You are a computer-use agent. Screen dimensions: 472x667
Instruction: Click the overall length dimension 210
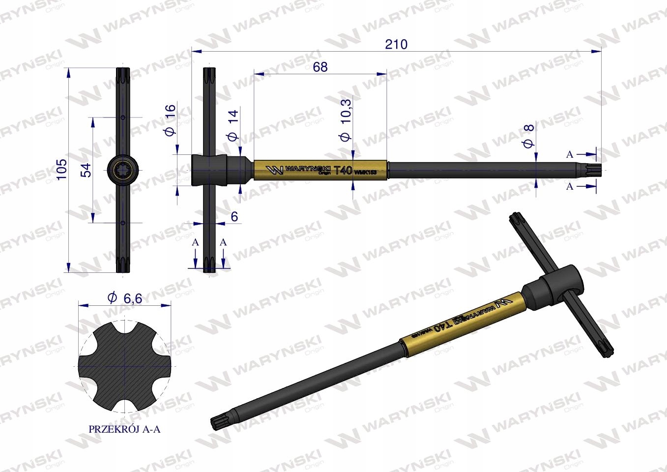click(x=396, y=44)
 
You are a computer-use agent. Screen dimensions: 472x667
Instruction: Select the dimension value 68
click(x=320, y=67)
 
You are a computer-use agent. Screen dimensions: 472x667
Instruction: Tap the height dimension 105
click(x=61, y=169)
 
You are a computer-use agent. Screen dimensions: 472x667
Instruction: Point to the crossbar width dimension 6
click(x=234, y=217)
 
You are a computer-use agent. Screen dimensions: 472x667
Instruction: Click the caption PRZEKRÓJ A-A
click(x=124, y=429)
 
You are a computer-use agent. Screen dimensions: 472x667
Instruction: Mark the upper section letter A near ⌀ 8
click(x=570, y=154)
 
